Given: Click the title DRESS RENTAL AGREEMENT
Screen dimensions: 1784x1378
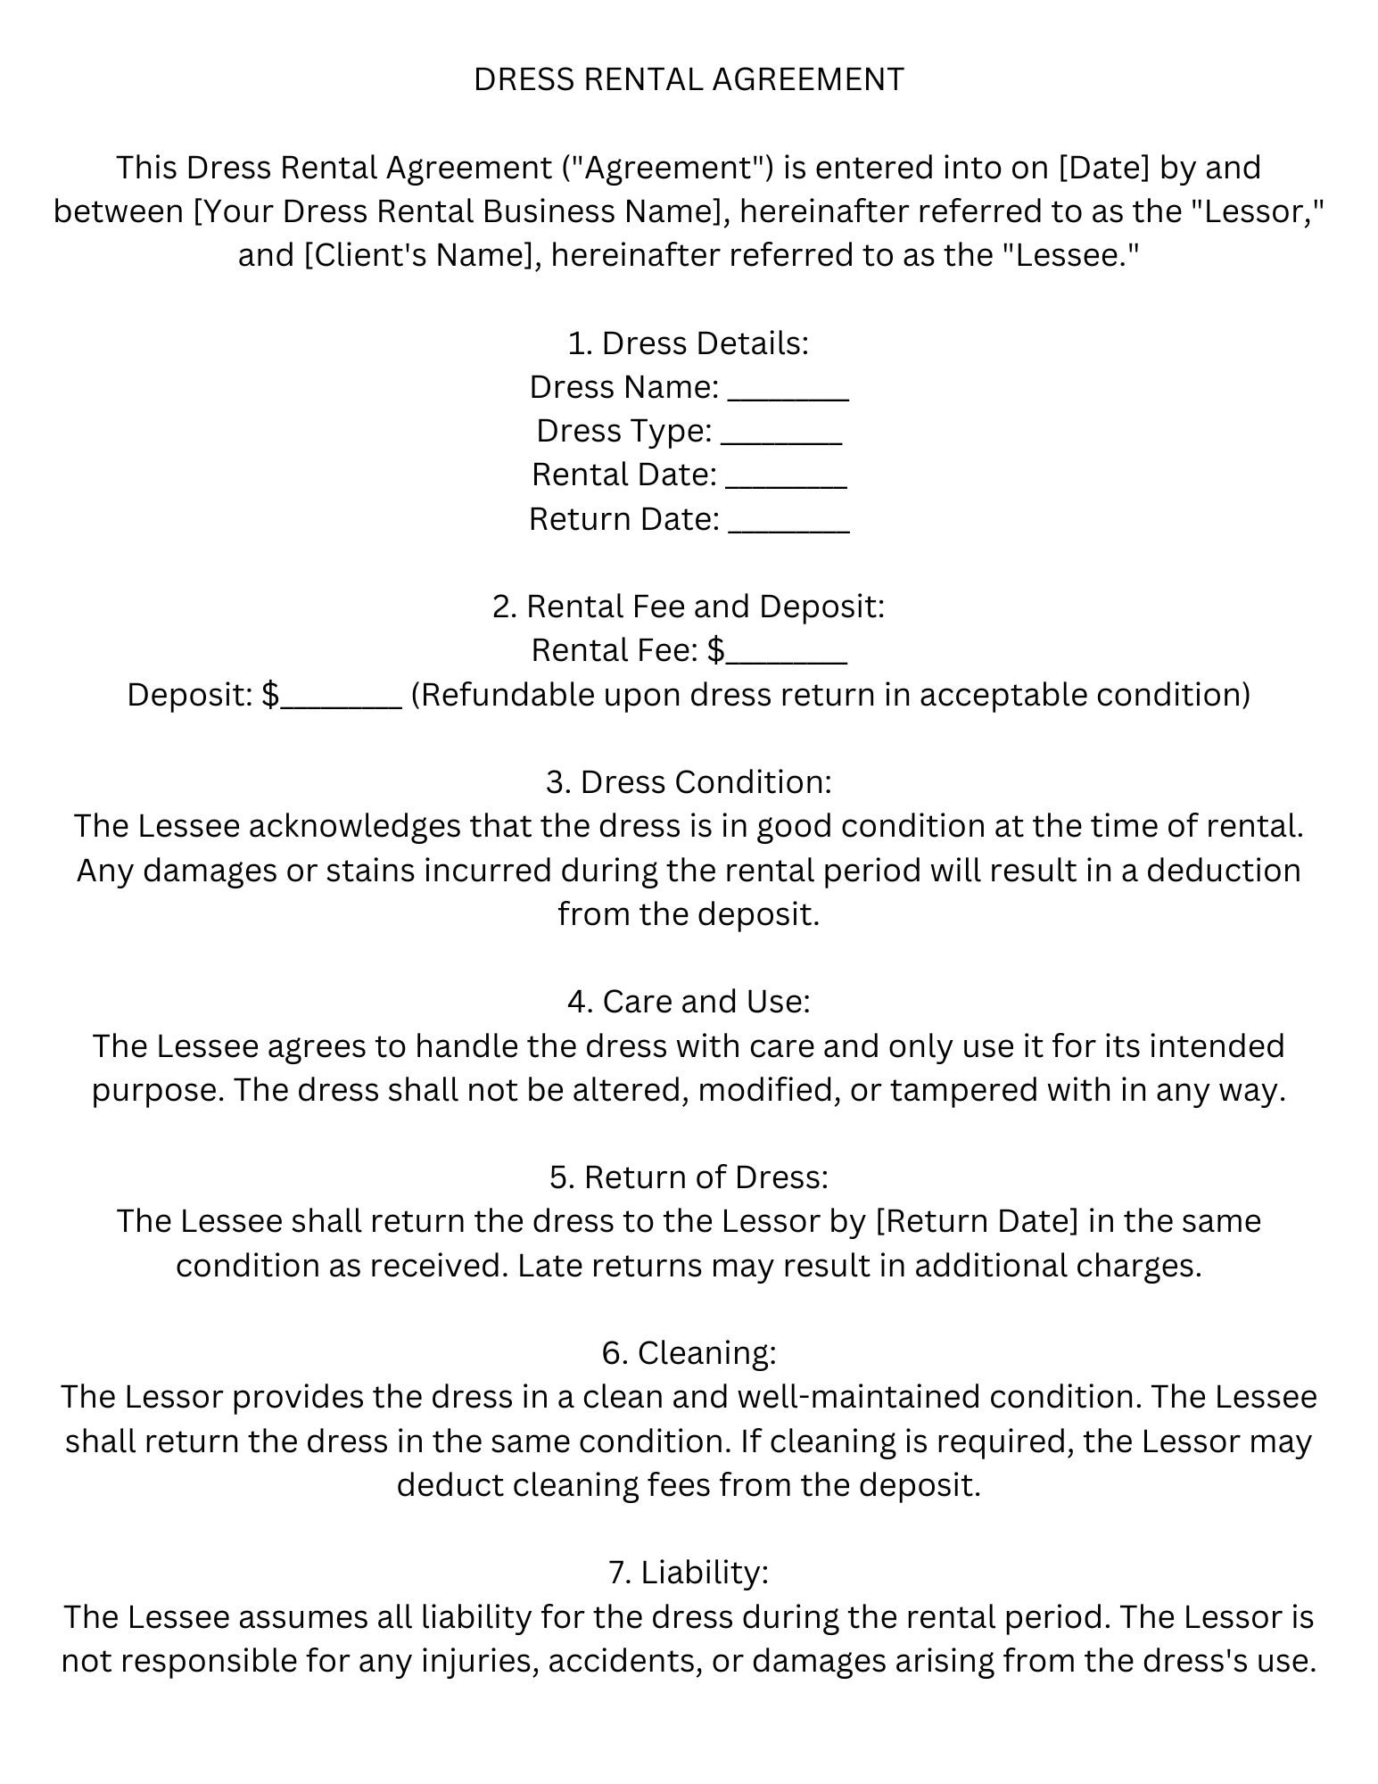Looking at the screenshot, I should click(689, 80).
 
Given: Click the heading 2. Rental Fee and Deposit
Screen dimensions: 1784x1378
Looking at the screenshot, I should click(689, 607).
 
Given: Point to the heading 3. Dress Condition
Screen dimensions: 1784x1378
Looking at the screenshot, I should click(689, 782).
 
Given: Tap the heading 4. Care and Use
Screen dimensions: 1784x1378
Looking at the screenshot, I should click(689, 1002).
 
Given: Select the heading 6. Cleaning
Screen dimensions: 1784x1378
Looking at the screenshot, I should click(689, 1353).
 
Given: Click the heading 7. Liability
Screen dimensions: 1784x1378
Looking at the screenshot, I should click(689, 1573).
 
